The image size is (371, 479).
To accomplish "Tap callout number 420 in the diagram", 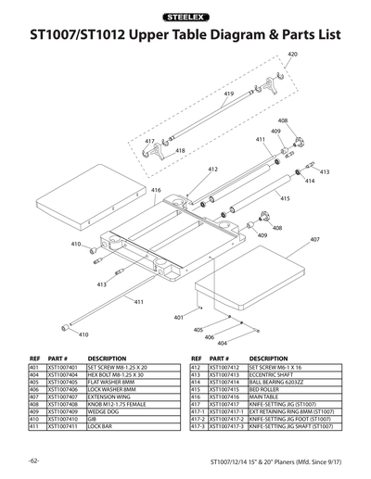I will point(292,56).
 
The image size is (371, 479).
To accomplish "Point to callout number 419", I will point(228,95).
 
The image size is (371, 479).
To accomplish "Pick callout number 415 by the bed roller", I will point(285,198).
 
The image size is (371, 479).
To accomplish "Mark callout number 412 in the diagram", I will point(212,170).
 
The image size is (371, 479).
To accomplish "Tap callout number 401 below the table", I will point(178,318).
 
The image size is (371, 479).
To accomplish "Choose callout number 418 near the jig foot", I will point(180,150).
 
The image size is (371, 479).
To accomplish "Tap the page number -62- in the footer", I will point(32,460).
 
